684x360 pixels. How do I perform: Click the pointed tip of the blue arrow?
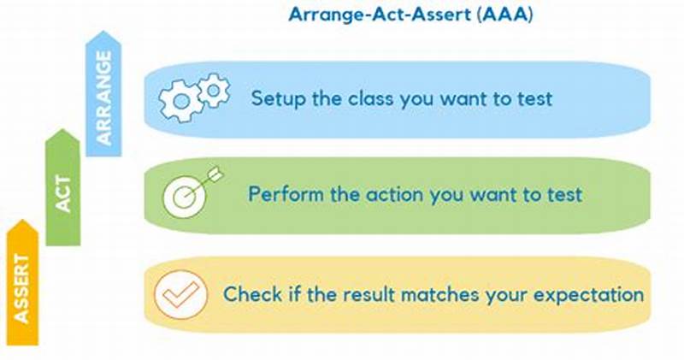click(x=104, y=32)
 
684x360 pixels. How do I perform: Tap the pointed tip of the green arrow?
click(x=62, y=131)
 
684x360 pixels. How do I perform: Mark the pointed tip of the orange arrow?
click(x=22, y=221)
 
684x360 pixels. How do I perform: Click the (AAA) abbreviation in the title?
click(x=506, y=16)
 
